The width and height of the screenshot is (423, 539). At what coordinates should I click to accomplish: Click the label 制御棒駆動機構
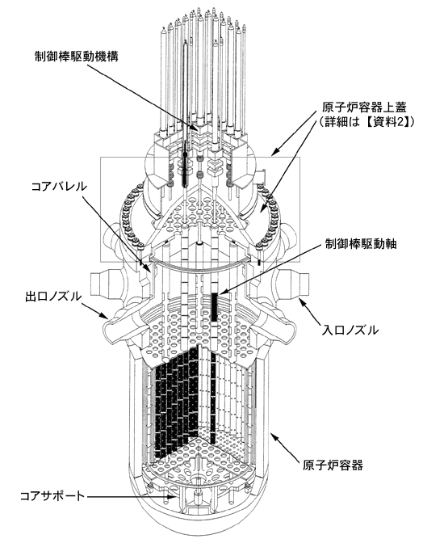click(x=76, y=57)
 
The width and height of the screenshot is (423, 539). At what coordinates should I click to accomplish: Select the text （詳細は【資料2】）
click(x=365, y=122)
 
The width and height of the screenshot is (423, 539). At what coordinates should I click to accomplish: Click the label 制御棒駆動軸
click(x=361, y=244)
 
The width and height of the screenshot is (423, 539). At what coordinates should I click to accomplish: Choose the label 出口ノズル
click(x=53, y=296)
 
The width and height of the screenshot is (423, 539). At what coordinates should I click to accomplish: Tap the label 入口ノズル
click(x=350, y=330)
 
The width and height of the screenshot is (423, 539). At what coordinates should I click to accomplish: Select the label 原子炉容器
click(x=333, y=465)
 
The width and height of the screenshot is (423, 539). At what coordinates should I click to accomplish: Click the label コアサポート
click(x=52, y=496)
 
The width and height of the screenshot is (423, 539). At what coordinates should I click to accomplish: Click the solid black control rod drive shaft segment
click(x=215, y=306)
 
